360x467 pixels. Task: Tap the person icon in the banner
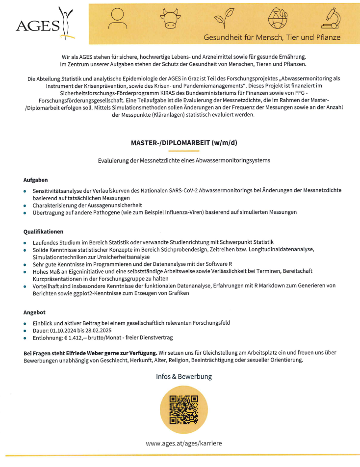click(118, 18)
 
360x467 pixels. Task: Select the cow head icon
click(170, 19)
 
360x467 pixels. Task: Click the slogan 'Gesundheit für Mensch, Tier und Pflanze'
click(272, 37)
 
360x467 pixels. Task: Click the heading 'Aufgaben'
click(36, 180)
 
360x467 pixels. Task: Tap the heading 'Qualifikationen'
click(44, 231)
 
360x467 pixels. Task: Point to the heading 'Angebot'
click(34, 312)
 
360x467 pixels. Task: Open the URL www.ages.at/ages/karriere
click(183, 443)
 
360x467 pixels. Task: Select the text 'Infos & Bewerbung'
click(183, 376)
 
